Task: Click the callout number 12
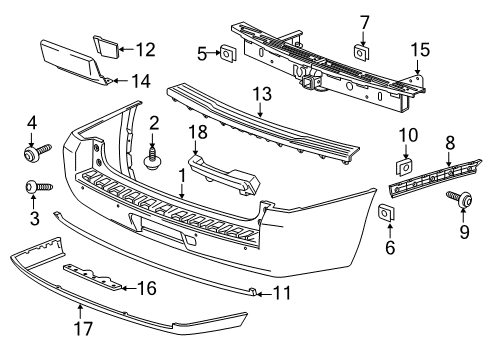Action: click(146, 47)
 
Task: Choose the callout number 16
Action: click(146, 287)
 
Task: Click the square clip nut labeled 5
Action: click(228, 53)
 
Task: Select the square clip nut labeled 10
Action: click(407, 167)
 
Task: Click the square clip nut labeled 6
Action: click(385, 211)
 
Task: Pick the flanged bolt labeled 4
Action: click(35, 152)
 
